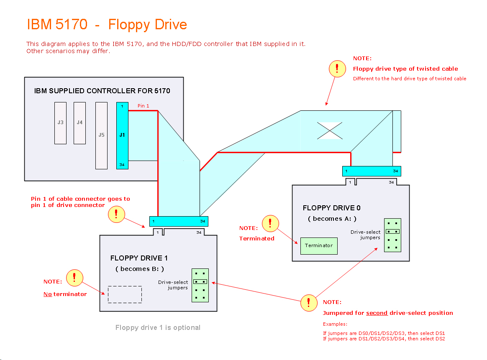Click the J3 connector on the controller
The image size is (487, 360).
[x=60, y=123]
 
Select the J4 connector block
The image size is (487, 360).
[x=79, y=123]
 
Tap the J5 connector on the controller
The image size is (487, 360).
[x=101, y=135]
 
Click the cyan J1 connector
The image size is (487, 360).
[x=122, y=135]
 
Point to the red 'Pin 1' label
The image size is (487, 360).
[x=144, y=106]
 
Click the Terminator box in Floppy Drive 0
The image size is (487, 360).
[x=319, y=246]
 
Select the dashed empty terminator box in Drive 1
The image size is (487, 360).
[x=125, y=294]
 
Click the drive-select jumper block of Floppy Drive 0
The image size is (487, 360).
[x=392, y=235]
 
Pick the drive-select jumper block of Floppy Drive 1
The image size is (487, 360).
[x=200, y=285]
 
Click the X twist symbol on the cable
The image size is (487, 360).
[x=330, y=130]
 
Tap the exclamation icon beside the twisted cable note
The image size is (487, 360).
[x=337, y=69]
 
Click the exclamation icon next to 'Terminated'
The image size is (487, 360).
[x=270, y=223]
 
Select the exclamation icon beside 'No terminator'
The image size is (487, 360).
[x=74, y=277]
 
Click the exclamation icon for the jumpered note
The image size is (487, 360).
[x=309, y=303]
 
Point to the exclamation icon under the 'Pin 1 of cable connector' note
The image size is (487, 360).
[x=116, y=214]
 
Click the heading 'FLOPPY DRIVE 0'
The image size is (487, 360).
[x=331, y=208]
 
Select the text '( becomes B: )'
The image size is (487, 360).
[x=140, y=269]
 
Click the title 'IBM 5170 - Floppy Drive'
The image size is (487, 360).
[x=107, y=24]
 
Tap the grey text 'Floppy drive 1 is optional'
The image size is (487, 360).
[x=158, y=327]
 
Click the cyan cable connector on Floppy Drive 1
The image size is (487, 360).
[x=179, y=221]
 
